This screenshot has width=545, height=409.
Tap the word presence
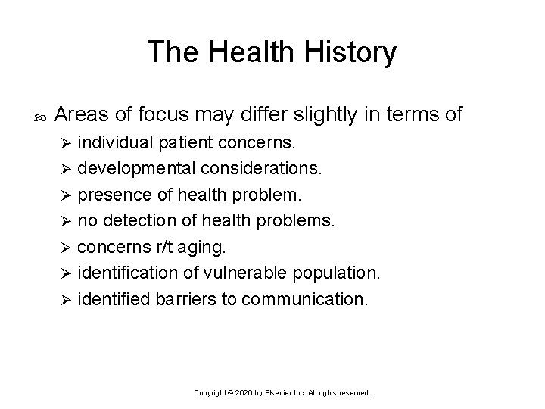point(110,195)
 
